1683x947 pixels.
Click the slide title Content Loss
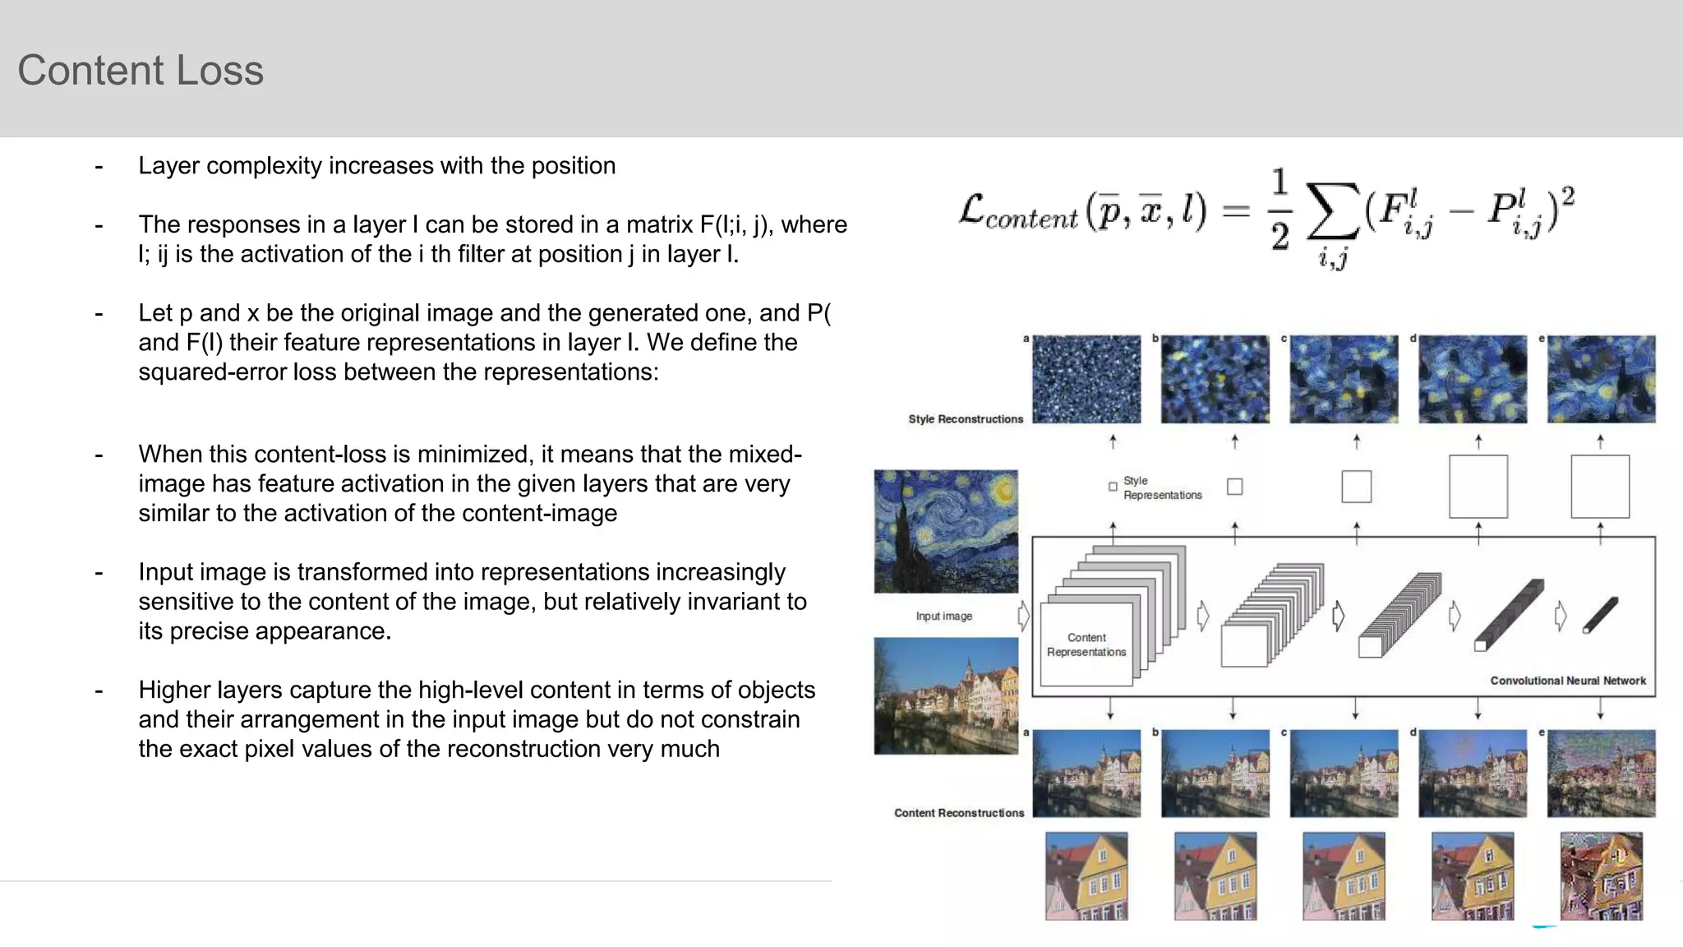tap(141, 70)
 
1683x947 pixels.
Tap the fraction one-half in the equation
tap(1280, 210)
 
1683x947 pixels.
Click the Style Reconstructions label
tap(966, 419)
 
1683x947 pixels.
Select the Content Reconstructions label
tap(959, 813)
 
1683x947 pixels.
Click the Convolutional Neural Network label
tap(1567, 681)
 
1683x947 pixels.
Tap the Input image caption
tap(943, 616)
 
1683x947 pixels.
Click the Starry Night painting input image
tap(946, 531)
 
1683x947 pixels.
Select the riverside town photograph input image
tap(946, 695)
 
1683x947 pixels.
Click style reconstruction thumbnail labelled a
tap(1086, 379)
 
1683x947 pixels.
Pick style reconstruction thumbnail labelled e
tap(1601, 379)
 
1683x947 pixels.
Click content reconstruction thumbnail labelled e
tap(1601, 773)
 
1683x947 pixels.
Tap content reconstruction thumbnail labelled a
tap(1086, 773)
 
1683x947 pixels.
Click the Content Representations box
tap(1086, 644)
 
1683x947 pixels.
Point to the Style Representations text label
tap(1161, 487)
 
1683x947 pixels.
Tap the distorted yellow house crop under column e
tap(1601, 875)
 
